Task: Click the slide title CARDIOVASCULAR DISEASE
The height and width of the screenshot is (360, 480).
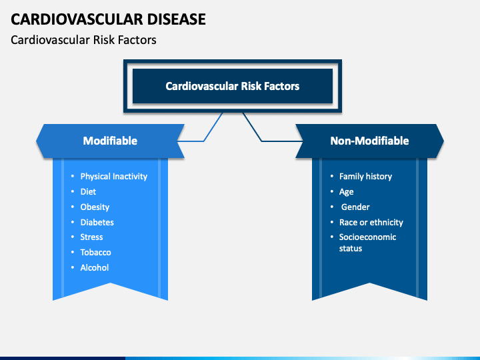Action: pos(108,19)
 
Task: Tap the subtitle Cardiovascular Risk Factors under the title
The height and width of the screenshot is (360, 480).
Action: pos(83,40)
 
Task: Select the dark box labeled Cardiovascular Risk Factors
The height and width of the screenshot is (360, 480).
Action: pos(233,86)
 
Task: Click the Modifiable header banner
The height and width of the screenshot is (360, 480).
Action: pos(110,141)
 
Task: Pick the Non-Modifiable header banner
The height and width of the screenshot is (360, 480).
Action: pos(369,141)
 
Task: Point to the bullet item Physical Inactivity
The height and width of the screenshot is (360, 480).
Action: pos(113,176)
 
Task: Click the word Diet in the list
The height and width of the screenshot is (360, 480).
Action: pos(88,191)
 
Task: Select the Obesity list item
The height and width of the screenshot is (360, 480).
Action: pos(95,207)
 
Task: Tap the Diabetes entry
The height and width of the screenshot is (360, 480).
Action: pos(97,222)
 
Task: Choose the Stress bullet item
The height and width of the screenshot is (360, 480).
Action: pos(91,237)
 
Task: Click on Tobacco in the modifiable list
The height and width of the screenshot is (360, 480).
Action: pos(95,252)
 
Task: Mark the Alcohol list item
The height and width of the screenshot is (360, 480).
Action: pos(94,267)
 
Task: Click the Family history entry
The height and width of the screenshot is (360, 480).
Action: pos(365,176)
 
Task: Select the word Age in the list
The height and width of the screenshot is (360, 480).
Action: pos(346,192)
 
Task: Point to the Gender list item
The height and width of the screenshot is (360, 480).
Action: pos(355,207)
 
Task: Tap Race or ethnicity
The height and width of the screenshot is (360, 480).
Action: pos(371,222)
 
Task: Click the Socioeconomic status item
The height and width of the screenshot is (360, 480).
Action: pos(367,243)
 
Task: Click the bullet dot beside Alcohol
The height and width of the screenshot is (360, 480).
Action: pos(73,267)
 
